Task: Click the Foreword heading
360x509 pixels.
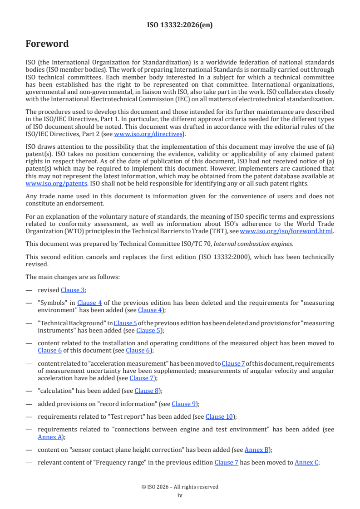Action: [47, 44]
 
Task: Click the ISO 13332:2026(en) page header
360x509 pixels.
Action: [180, 25]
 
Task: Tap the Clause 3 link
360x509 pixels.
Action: [73, 290]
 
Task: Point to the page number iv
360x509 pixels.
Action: [180, 495]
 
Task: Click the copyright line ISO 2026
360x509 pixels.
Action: [180, 487]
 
